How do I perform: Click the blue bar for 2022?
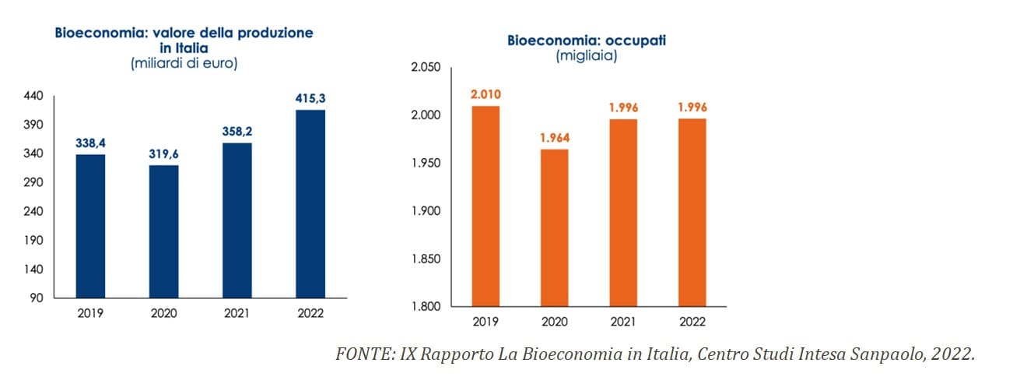(x=310, y=204)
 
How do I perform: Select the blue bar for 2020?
(x=164, y=231)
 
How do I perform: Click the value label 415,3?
(x=310, y=99)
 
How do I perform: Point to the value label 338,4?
(x=90, y=143)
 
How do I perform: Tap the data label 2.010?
(x=485, y=95)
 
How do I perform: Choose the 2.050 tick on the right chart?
(x=425, y=69)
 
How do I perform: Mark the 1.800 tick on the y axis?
(x=425, y=306)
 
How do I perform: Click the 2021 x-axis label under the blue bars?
(x=237, y=314)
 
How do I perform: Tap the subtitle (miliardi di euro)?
(x=184, y=63)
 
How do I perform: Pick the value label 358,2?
(x=237, y=132)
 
